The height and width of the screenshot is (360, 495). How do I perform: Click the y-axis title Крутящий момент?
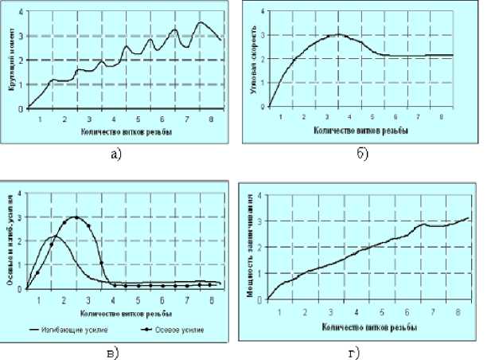pos(11,61)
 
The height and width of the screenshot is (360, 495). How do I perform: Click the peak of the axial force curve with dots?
pos(76,217)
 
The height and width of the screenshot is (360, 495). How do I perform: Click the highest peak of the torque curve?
pos(201,22)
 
